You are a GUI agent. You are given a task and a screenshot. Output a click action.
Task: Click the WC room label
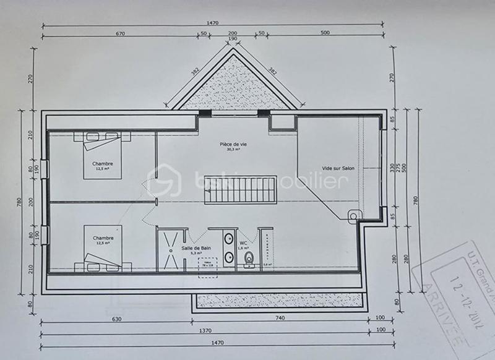[244, 242]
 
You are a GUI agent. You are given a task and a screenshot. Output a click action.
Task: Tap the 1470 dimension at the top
[213, 23]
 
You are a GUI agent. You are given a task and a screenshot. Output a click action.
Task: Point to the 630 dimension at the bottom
[116, 320]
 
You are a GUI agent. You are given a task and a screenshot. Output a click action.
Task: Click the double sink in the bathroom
[227, 248]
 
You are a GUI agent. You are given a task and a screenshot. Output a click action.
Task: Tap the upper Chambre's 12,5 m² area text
[103, 168]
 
